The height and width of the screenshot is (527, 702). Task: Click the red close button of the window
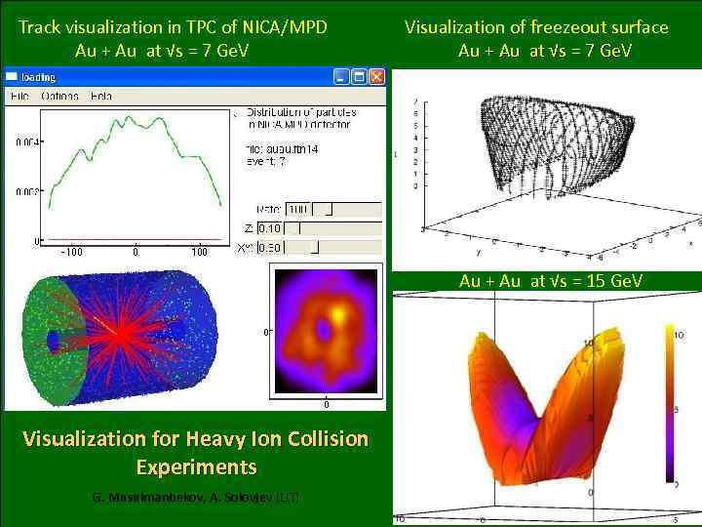[376, 76]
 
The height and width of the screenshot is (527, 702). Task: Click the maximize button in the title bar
[359, 76]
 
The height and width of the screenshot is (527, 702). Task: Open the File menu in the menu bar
[19, 96]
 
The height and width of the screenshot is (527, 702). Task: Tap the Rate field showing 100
[297, 209]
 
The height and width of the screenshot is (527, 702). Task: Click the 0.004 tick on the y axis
[26, 142]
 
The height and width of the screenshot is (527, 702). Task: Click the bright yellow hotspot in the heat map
[338, 314]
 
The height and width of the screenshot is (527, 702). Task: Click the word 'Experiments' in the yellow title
[196, 467]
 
